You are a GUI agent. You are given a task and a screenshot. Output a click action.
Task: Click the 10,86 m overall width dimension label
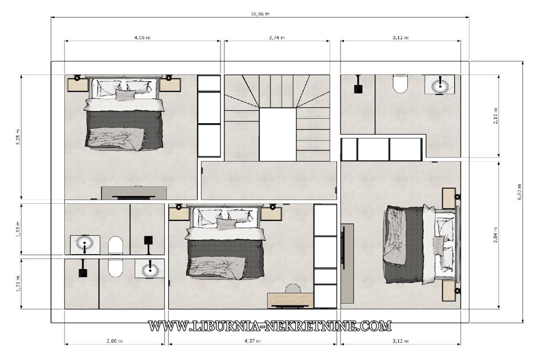coord(260,14)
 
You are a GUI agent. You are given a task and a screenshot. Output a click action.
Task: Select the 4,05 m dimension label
coord(142,37)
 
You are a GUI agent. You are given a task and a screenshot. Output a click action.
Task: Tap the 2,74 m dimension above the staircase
coord(277,37)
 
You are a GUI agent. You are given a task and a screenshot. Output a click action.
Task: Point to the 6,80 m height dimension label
coord(519,192)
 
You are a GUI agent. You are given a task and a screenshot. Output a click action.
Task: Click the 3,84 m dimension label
coord(495,235)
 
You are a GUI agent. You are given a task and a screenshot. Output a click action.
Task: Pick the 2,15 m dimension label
coord(495,116)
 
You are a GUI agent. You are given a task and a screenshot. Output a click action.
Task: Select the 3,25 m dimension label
coord(18,137)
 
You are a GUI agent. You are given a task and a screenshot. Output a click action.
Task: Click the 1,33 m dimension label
coord(18,229)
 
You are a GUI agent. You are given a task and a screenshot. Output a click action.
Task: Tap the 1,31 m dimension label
coord(18,283)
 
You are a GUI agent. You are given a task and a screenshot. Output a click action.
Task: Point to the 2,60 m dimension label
coord(114,341)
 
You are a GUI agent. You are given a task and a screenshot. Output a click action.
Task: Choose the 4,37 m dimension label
coord(252,341)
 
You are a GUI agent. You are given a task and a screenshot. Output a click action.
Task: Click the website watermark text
coord(270,326)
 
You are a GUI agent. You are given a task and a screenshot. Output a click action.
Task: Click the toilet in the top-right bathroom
coord(400,84)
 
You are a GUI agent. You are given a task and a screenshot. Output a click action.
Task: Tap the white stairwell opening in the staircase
coord(278,134)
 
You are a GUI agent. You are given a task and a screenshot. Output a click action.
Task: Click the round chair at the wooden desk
coord(293,288)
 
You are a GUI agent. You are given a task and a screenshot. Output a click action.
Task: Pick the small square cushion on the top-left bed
coord(125,95)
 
